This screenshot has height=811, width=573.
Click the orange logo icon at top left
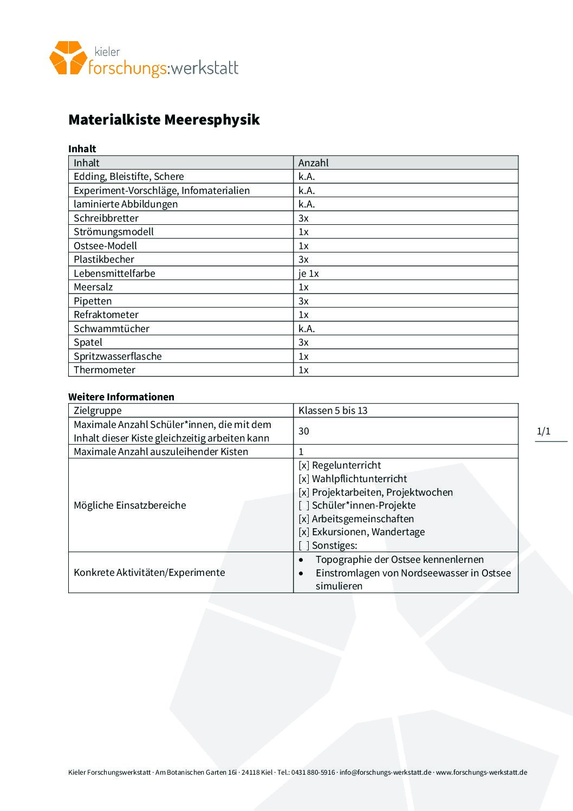68,57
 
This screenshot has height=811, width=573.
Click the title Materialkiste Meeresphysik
164,120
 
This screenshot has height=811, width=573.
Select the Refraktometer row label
106,315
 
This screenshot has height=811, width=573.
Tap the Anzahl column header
313,163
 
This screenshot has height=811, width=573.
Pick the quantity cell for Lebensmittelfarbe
308,274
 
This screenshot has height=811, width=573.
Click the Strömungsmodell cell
114,232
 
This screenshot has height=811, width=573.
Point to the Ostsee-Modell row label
105,246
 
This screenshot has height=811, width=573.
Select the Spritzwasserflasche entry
118,356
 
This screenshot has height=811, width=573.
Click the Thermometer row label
105,370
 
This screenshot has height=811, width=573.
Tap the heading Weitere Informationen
121,397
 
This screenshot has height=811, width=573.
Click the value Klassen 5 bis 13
333,411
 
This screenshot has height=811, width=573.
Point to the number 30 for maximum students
303,431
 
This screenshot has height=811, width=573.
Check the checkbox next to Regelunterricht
304,465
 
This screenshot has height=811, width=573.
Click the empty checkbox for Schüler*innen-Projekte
304,505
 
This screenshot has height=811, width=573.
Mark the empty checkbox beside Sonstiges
304,546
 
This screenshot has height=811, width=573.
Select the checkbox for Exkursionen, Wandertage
304,532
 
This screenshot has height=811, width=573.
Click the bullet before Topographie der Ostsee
302,560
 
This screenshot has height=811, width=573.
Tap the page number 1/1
543,431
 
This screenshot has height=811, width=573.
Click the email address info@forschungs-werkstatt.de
385,773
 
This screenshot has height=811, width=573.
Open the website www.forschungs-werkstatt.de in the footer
481,773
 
